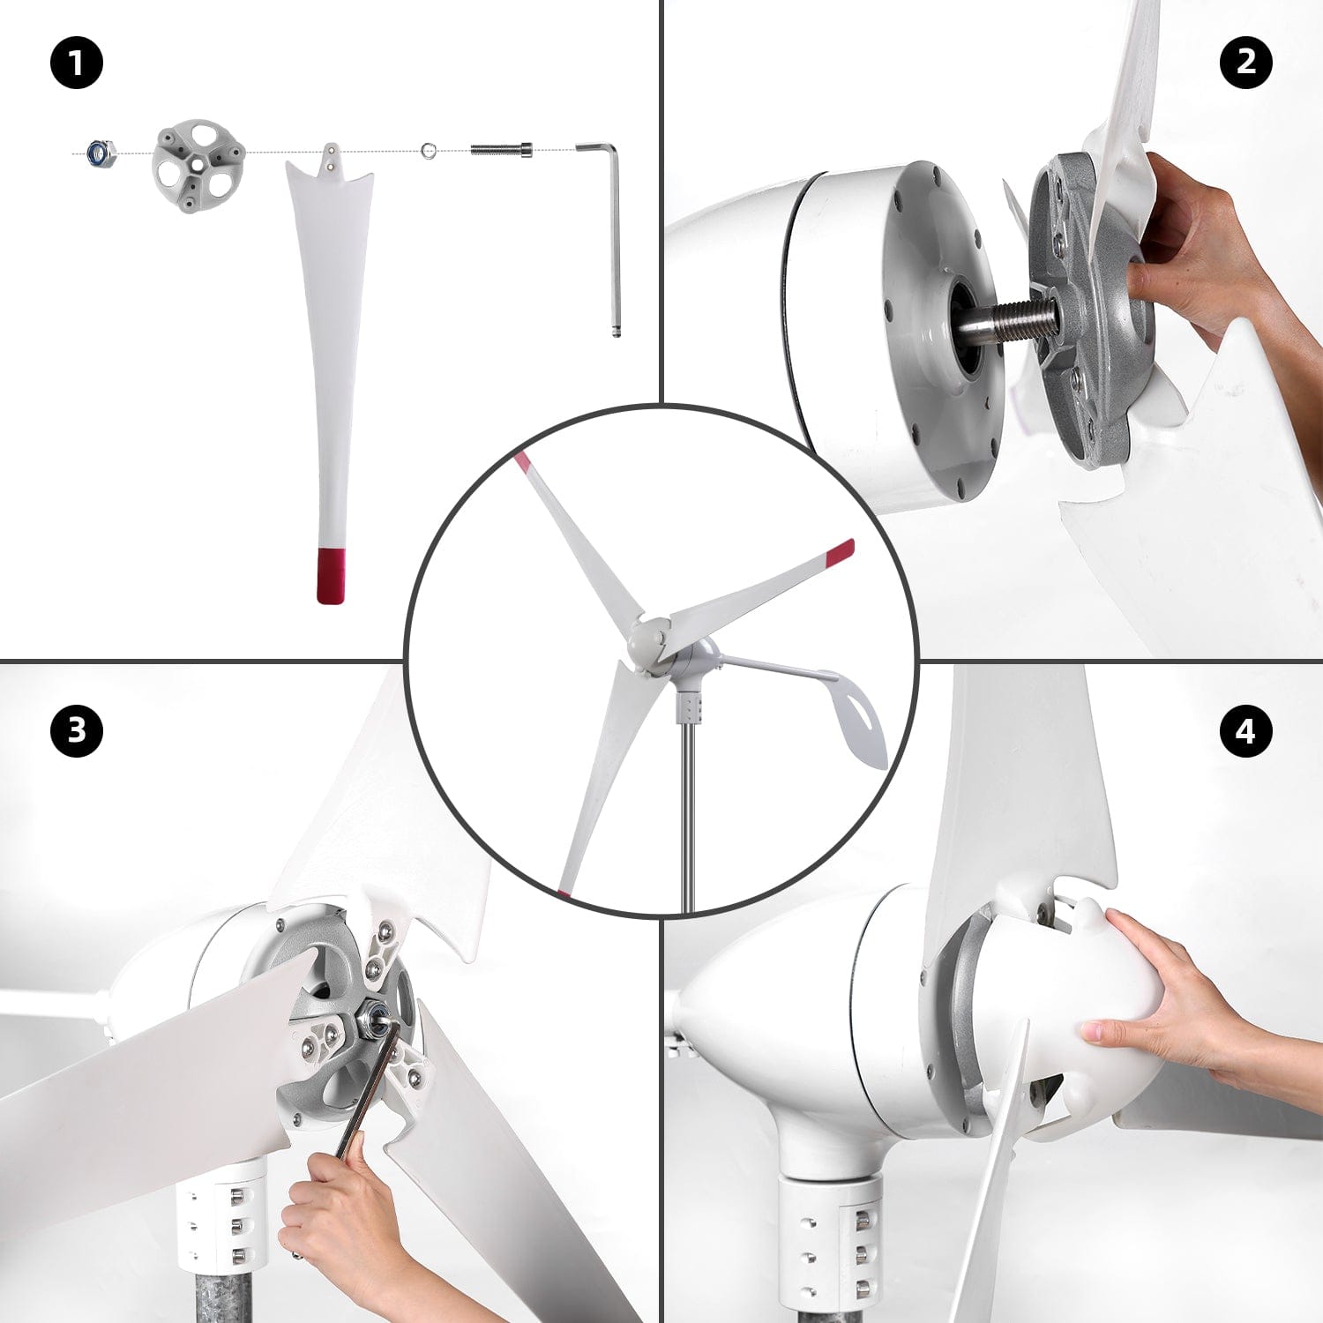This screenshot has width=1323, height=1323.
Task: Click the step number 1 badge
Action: pos(77,64)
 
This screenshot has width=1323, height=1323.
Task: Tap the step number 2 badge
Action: pos(1245,62)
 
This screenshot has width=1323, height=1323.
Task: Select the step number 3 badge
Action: pos(77,730)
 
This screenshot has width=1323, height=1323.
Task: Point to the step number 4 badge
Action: pos(1245,730)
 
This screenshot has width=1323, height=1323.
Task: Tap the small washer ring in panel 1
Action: pos(429,151)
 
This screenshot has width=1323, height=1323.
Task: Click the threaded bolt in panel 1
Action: pos(501,150)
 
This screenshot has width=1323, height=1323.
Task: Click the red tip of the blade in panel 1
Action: pos(330,575)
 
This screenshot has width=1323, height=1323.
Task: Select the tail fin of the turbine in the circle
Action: pos(856,714)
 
